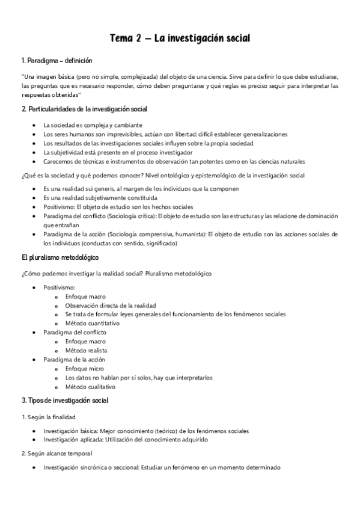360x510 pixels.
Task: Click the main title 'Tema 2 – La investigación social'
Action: [180, 39]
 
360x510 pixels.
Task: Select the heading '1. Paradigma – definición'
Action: [56, 62]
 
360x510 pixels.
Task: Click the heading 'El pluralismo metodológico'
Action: [59, 257]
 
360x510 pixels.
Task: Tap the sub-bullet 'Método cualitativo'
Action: [90, 387]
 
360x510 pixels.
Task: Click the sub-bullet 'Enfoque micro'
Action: [84, 369]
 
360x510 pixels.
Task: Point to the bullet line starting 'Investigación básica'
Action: [146, 431]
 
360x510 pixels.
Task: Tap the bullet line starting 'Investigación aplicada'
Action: [126, 440]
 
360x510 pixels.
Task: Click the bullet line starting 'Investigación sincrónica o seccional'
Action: [162, 468]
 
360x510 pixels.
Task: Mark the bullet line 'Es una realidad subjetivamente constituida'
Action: [100, 197]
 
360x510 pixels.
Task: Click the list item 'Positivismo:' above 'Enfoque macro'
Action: [59, 287]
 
